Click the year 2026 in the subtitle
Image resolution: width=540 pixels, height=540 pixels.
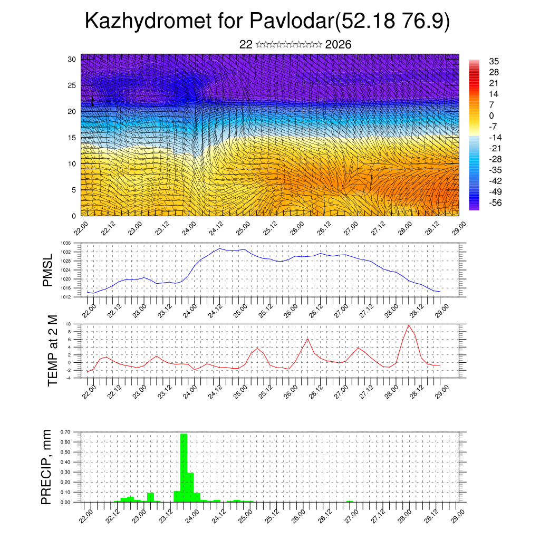tap(339, 45)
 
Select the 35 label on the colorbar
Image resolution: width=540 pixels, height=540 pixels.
tap(494, 61)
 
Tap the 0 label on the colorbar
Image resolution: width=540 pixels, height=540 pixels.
tap(491, 115)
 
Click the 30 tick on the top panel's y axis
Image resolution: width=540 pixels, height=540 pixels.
tap(72, 59)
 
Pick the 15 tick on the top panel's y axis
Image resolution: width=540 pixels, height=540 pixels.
tap(72, 138)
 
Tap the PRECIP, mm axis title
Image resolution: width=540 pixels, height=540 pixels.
tap(48, 467)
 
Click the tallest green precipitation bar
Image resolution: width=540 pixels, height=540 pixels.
tap(184, 467)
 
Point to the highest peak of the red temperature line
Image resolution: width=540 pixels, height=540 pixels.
tap(408, 325)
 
